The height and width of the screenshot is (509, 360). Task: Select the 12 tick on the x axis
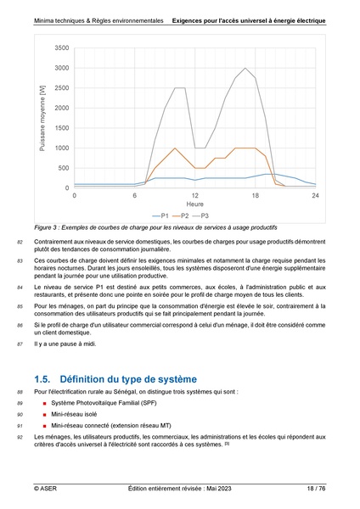[x=194, y=196]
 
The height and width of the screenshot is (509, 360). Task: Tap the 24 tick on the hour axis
[x=315, y=196]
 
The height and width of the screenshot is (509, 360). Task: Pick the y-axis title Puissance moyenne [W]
[x=42, y=118]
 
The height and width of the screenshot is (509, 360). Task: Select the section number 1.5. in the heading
[x=44, y=378]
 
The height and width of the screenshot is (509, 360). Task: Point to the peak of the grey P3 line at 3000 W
[x=245, y=69]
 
